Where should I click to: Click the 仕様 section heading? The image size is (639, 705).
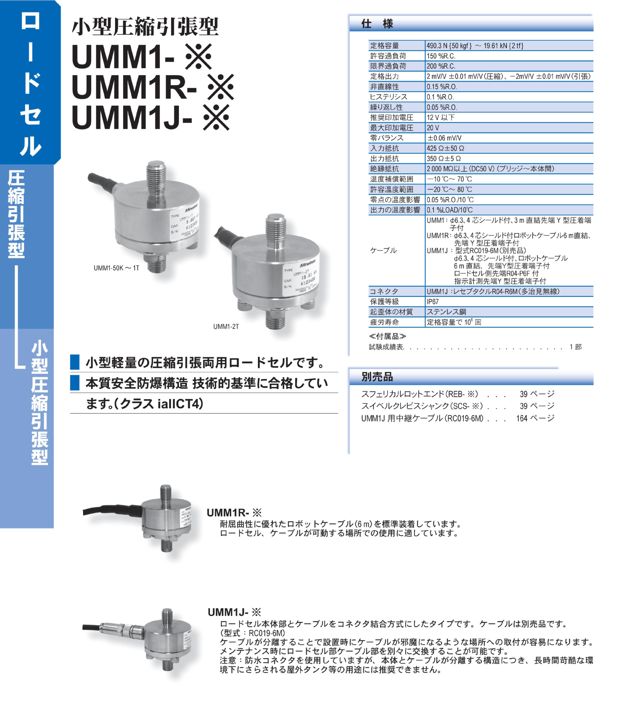point(377,24)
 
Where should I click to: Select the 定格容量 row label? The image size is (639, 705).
point(384,46)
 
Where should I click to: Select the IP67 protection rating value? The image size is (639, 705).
point(432,301)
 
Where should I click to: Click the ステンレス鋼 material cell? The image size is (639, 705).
point(446,312)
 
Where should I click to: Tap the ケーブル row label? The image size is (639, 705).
point(383,250)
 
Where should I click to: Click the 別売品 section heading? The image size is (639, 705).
point(377,377)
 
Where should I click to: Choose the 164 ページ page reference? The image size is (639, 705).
point(535,418)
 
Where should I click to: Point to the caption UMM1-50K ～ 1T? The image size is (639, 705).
point(116,268)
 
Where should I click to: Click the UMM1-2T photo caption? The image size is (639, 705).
point(226,326)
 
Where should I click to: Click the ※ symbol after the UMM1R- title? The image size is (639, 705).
point(220,87)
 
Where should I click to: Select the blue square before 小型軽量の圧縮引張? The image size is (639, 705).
point(75,362)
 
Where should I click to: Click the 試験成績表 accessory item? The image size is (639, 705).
point(386,347)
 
